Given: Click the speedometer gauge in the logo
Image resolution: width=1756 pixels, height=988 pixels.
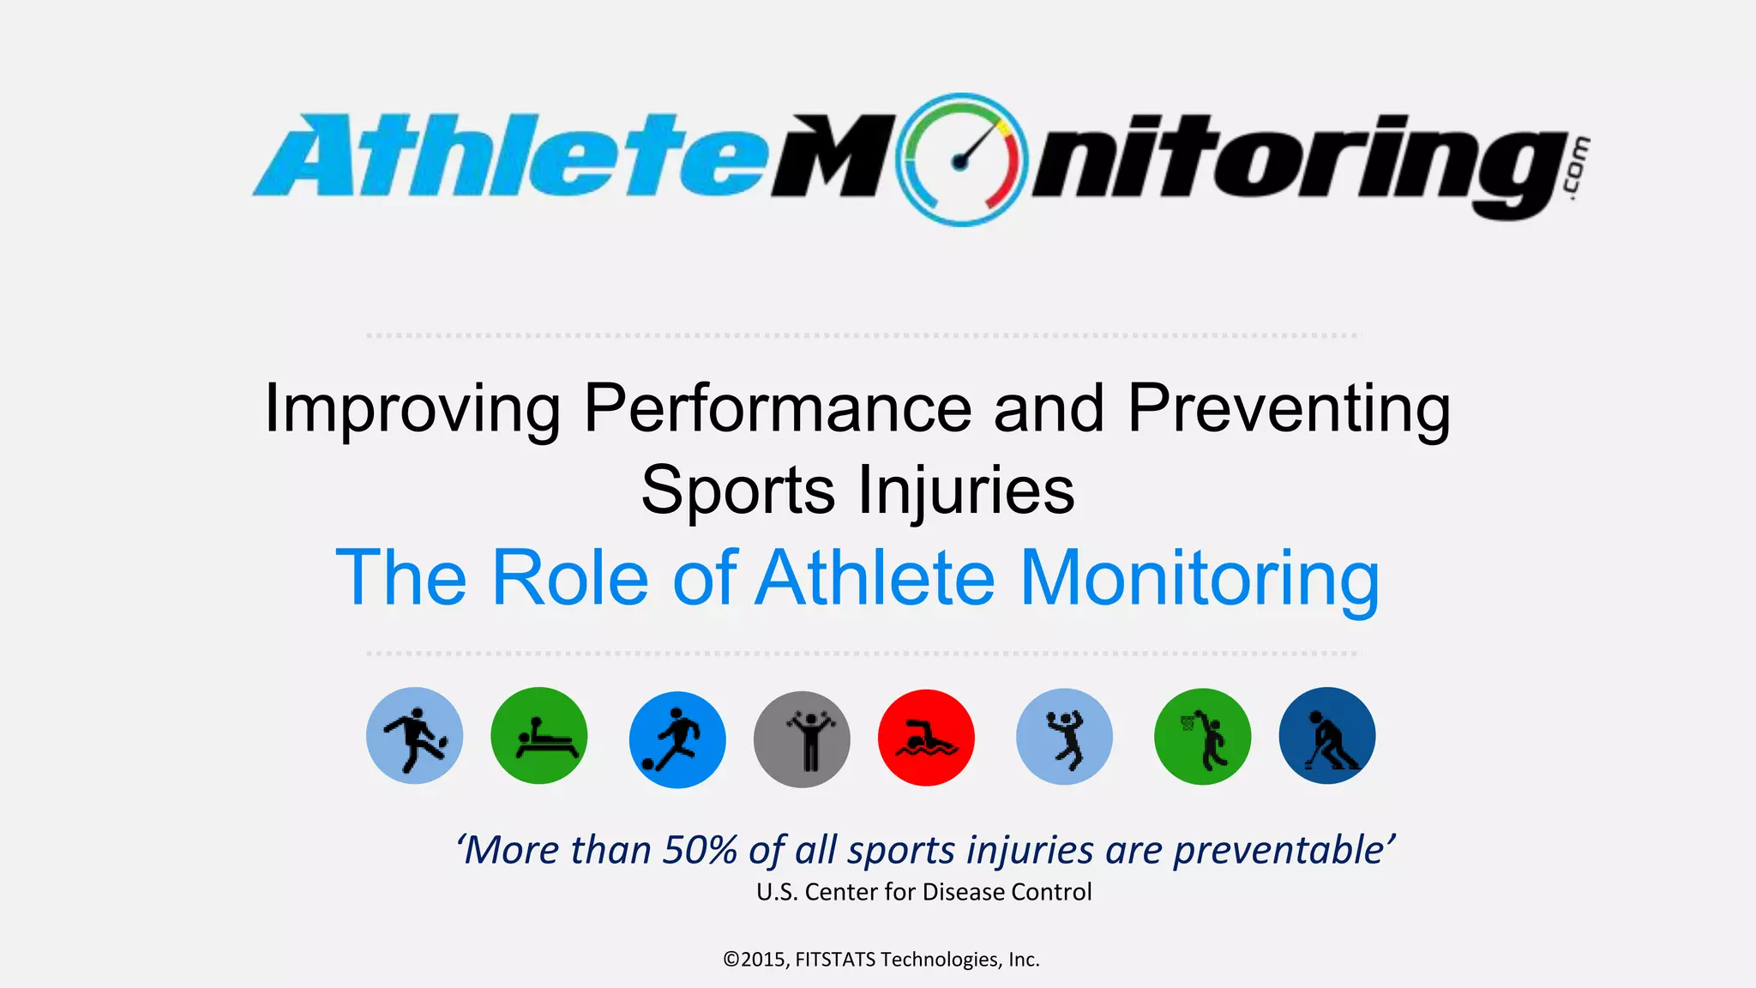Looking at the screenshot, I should pos(961,160).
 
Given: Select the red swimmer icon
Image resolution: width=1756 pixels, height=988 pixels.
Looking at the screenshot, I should pos(926,738).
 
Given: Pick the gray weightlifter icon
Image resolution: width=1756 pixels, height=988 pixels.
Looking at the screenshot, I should pos(802,739).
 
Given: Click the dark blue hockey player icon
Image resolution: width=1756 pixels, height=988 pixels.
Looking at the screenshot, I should pos(1326,736).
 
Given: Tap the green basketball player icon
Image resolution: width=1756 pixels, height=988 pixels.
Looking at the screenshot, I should pos(1202,737).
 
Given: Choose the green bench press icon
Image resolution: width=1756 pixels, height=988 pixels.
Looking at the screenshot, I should pos(538,736).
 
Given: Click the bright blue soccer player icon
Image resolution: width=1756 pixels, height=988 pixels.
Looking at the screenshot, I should pos(677,739).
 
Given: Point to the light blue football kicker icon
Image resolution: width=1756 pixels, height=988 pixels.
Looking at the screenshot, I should pos(414,736).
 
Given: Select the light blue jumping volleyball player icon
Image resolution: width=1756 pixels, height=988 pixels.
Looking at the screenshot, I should pos(1064,737).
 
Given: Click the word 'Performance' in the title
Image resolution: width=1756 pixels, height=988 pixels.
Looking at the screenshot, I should pos(777,408).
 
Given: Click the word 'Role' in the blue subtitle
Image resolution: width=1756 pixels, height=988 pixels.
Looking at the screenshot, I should pos(569,578).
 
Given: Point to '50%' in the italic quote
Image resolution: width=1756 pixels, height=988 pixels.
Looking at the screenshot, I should pos(700,850).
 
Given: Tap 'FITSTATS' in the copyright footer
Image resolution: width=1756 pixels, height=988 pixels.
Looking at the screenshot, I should pos(835,959).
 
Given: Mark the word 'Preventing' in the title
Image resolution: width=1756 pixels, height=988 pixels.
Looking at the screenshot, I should pos(1288,408).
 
